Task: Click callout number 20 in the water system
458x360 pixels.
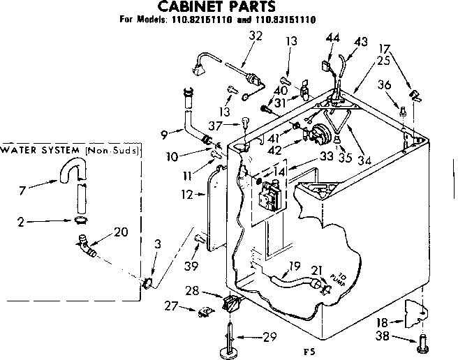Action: pos(120,232)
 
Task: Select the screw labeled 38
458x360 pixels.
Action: pos(422,342)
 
